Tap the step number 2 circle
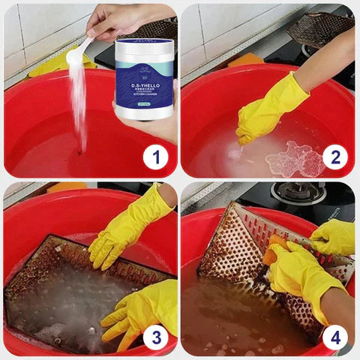335,158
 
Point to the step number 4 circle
335,337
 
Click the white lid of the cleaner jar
145,50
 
